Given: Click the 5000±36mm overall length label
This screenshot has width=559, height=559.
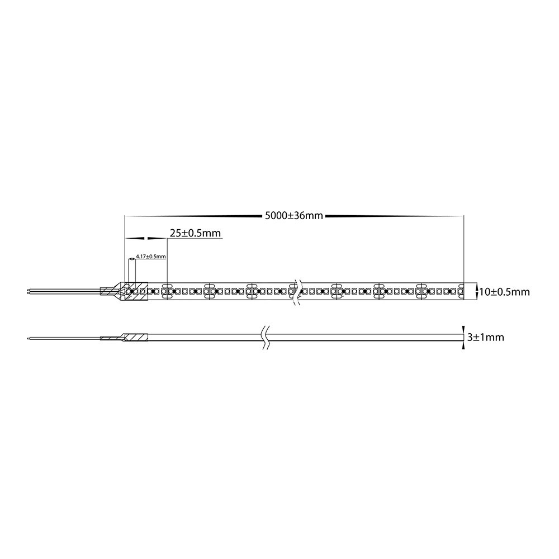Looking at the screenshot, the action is (x=294, y=216).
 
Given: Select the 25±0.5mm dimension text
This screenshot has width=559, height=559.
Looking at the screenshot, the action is (x=195, y=233).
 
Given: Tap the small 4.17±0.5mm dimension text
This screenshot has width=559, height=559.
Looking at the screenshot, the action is (x=151, y=257).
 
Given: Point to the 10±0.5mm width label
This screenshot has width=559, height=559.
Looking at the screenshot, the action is (x=504, y=292).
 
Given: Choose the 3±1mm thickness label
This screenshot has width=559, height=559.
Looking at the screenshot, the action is (x=486, y=337).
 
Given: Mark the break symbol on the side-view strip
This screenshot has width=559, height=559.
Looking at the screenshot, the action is (x=264, y=337).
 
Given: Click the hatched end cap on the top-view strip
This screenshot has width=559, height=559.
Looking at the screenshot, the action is (x=136, y=291).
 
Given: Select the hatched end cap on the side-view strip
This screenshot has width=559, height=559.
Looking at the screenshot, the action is (x=136, y=337).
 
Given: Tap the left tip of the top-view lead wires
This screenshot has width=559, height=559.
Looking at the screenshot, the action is (x=28, y=291).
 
